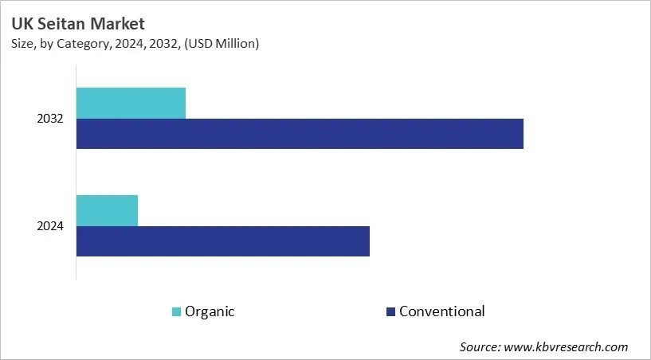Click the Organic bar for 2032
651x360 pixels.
tap(131, 104)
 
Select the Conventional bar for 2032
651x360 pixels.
tap(300, 134)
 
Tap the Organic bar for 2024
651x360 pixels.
tap(107, 210)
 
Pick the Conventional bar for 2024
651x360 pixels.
tap(223, 241)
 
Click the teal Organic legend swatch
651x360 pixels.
tap(176, 311)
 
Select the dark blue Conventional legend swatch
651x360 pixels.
tap(390, 311)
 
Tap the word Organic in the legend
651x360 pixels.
tap(210, 311)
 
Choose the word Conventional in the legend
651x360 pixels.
tap(441, 311)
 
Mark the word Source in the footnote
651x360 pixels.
tap(479, 347)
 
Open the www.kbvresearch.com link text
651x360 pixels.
tap(567, 347)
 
